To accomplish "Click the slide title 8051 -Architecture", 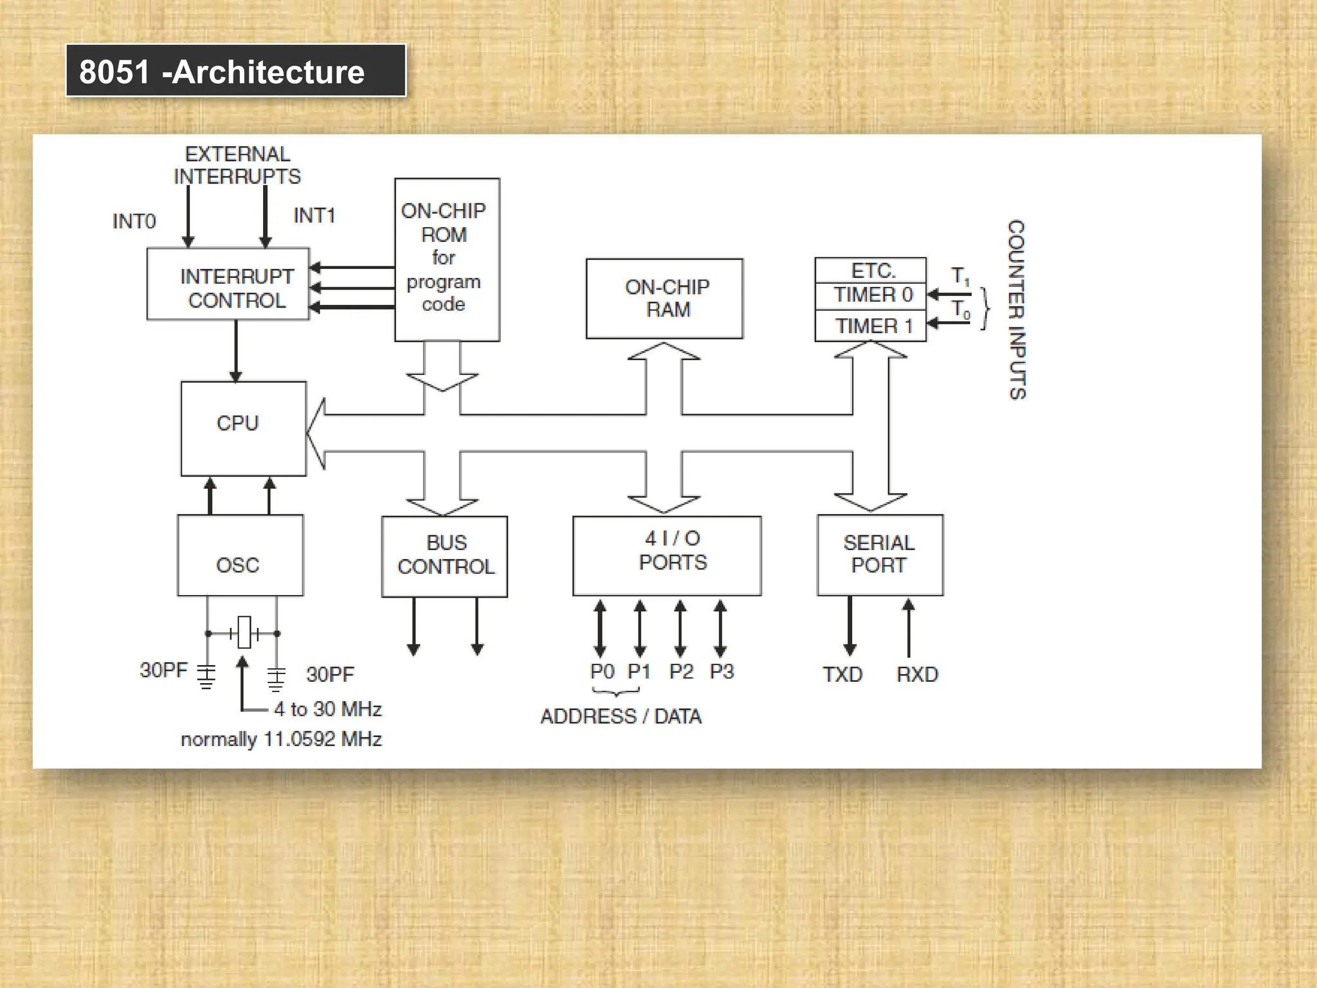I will (x=222, y=71).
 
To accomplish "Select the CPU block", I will (x=243, y=428).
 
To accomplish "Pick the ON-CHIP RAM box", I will (x=664, y=298).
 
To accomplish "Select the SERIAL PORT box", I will (x=880, y=554).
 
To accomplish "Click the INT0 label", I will (x=134, y=221).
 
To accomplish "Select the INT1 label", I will (x=314, y=215).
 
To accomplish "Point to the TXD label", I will (x=842, y=674).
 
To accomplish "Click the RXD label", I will (x=917, y=674).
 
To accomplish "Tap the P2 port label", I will (x=681, y=672).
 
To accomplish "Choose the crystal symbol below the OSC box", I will (x=244, y=633).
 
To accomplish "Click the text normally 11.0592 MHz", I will (x=281, y=739).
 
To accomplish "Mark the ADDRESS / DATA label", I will (x=621, y=717).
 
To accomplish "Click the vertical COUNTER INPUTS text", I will (x=1017, y=309).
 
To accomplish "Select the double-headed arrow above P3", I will (x=720, y=628).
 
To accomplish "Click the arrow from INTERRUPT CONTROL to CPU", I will (x=236, y=351).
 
